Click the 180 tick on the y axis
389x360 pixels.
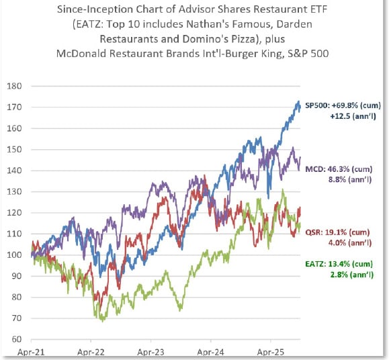point(14,86)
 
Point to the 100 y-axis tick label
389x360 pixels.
point(14,255)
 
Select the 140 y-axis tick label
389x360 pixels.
point(14,171)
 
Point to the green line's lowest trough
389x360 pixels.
point(103,320)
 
